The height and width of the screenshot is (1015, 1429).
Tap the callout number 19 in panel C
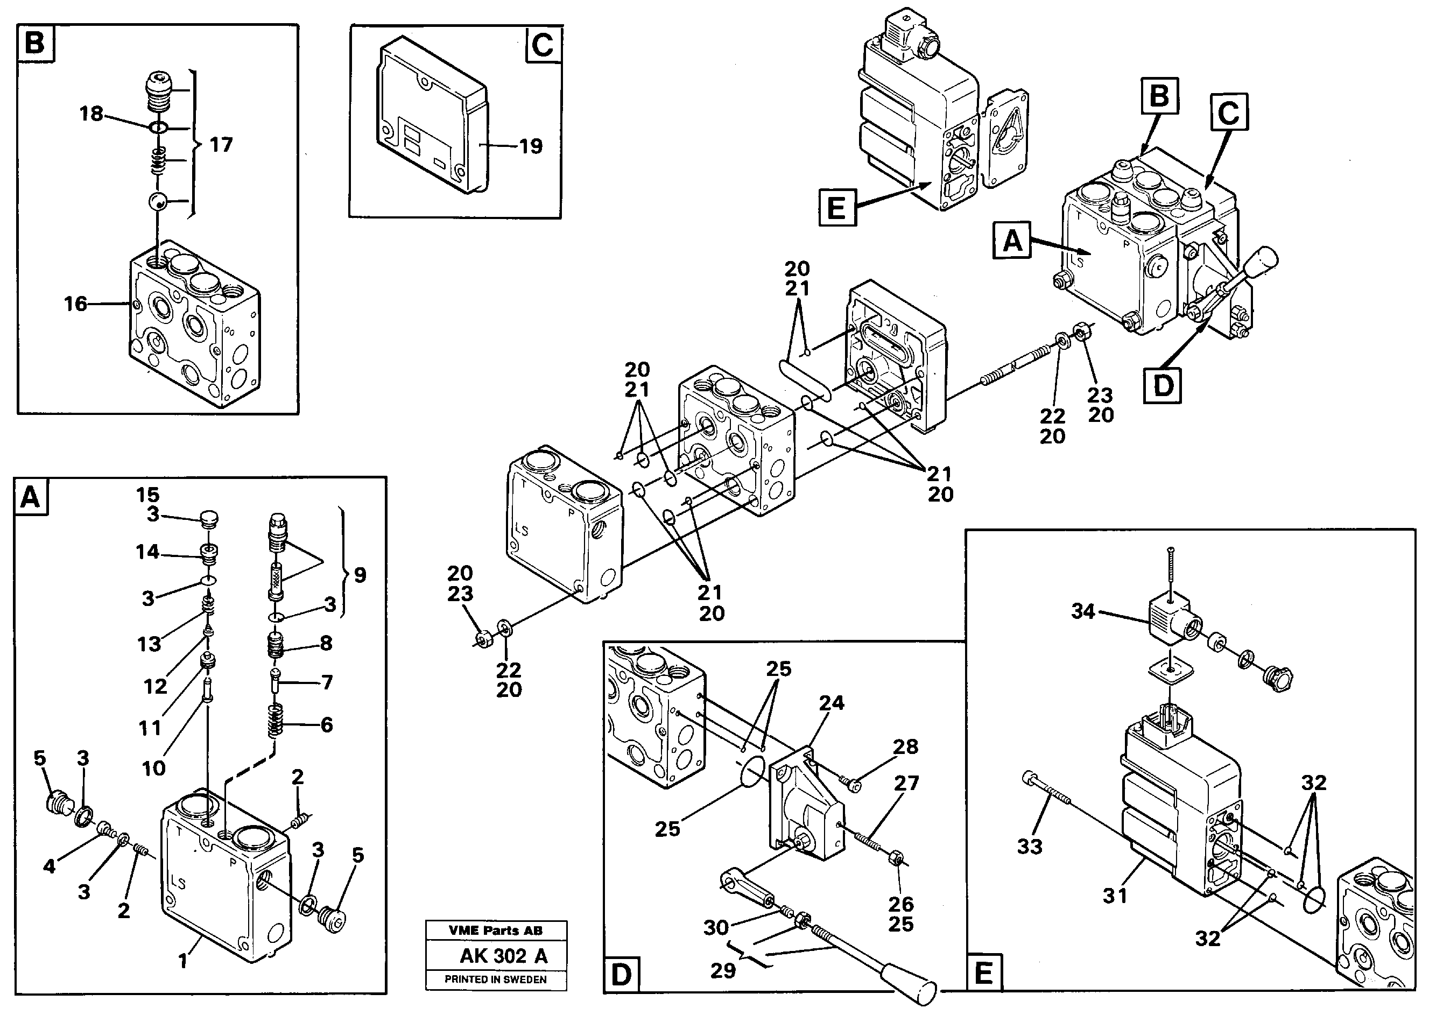click(531, 146)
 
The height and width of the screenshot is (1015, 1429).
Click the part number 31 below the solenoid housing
click(1115, 896)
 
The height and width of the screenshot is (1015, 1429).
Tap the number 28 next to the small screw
click(905, 746)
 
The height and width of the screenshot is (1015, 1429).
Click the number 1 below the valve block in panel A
click(182, 961)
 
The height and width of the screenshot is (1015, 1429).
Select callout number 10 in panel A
click(154, 768)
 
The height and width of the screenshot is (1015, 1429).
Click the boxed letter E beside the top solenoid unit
click(836, 208)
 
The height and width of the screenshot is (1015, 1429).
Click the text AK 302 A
click(503, 956)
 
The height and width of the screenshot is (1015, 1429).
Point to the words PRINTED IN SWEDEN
click(495, 979)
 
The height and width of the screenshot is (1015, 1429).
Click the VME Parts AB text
click(495, 931)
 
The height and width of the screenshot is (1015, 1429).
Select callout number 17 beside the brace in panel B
click(221, 145)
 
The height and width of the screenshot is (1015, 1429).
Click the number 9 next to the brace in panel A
click(360, 575)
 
